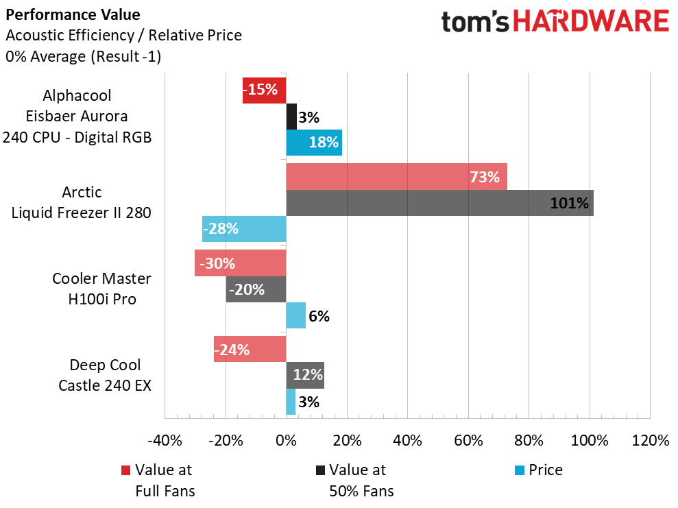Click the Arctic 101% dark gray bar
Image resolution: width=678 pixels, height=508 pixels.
click(x=439, y=203)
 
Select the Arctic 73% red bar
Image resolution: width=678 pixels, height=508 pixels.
click(x=396, y=177)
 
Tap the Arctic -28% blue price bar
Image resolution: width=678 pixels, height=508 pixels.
click(x=244, y=229)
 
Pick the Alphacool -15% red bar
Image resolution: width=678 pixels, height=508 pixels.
click(x=264, y=90)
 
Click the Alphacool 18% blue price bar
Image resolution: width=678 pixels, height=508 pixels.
click(x=313, y=143)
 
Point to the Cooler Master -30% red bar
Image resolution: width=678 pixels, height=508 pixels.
click(x=240, y=263)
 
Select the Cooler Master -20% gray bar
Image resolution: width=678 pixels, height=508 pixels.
click(x=256, y=289)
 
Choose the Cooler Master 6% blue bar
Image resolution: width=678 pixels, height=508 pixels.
click(x=295, y=315)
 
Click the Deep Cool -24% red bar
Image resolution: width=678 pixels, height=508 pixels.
click(x=250, y=349)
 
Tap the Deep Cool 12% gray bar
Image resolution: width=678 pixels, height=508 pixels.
click(x=304, y=375)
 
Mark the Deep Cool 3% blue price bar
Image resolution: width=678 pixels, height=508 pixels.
click(x=291, y=402)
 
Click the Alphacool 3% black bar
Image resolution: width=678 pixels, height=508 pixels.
click(x=291, y=117)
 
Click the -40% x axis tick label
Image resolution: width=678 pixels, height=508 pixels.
click(x=165, y=440)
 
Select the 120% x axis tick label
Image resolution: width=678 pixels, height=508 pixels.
click(x=649, y=440)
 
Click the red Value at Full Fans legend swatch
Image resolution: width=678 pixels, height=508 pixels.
click(x=125, y=470)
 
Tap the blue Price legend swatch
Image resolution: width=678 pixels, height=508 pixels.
click(x=520, y=470)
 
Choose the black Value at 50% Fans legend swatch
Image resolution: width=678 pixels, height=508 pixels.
click(x=320, y=470)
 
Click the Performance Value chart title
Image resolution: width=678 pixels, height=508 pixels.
click(x=58, y=14)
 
